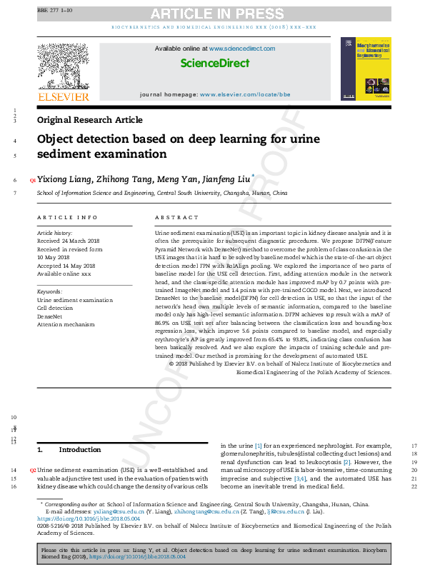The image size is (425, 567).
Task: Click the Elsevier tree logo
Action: pos(64,67)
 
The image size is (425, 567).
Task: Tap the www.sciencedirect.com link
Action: pos(241,48)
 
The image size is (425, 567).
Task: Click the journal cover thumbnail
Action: pos(366,69)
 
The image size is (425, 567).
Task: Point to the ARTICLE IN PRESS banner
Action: pos(214,14)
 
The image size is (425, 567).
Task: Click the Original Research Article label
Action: pos(89,120)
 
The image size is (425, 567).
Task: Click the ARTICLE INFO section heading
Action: pos(67,217)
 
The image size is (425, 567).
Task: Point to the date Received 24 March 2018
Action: pos(69,241)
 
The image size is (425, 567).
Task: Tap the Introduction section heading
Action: pos(80,450)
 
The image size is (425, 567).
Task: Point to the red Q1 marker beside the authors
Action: pos(32,181)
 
